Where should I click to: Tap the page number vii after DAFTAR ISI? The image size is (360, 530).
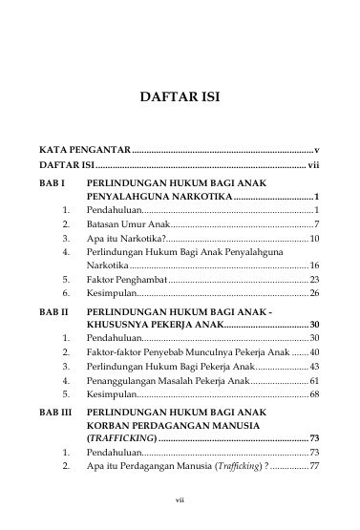(x=313, y=165)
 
